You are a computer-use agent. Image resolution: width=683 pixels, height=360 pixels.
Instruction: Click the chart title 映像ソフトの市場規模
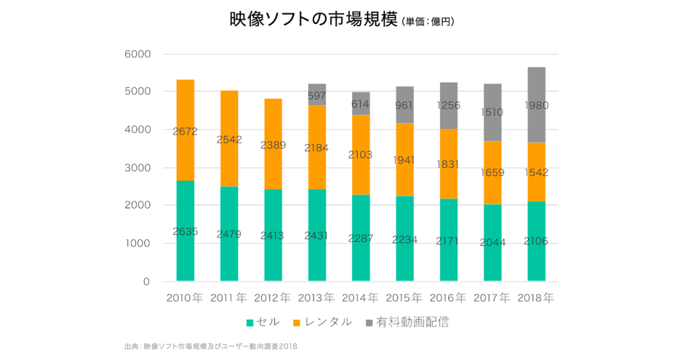(313, 20)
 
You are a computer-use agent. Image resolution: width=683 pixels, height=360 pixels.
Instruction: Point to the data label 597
(317, 96)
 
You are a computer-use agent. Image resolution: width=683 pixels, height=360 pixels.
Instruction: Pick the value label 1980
(536, 105)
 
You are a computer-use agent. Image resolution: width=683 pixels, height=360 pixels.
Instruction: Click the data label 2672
(185, 131)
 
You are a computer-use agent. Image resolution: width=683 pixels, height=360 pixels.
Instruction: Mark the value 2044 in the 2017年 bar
(492, 243)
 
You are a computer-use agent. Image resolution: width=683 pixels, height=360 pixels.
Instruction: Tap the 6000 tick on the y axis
(137, 54)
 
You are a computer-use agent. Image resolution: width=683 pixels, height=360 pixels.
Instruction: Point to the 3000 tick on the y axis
(137, 168)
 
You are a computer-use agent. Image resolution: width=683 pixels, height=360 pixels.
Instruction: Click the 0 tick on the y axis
(146, 282)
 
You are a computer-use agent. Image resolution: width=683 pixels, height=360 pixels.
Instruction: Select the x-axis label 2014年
(361, 297)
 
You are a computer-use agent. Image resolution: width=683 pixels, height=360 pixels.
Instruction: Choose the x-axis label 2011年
(229, 297)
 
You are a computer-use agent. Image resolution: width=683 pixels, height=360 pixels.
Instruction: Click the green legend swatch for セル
(250, 323)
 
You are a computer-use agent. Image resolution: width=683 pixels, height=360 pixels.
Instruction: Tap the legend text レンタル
(327, 323)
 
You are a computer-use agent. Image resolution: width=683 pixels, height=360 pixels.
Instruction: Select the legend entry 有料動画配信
(412, 323)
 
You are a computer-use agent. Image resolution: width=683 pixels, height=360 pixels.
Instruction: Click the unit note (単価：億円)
(428, 22)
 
